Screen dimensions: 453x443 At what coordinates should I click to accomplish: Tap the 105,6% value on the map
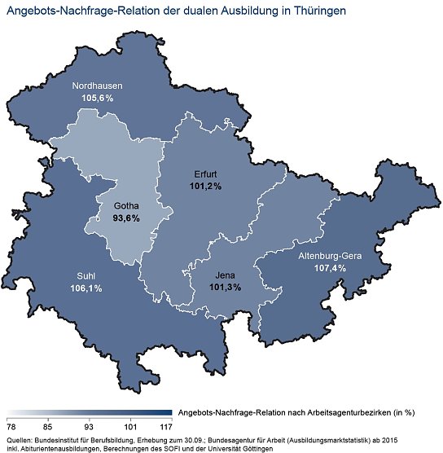(96, 98)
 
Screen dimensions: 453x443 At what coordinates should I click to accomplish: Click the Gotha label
(125, 206)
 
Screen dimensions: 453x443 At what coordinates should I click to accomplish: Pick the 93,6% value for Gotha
(125, 218)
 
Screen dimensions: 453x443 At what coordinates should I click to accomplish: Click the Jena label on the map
(225, 275)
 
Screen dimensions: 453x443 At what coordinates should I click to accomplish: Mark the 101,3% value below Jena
(225, 288)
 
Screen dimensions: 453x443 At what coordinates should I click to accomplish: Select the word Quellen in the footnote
(20, 439)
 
